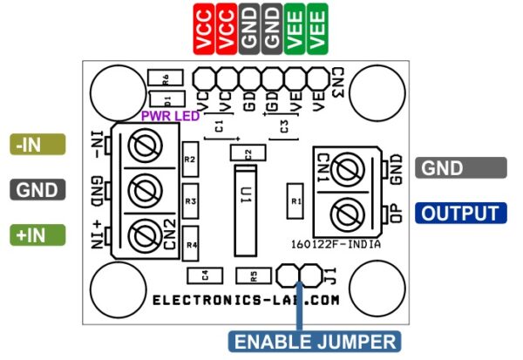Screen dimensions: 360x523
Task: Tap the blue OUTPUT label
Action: (x=461, y=214)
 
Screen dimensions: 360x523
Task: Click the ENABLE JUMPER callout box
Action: (x=315, y=341)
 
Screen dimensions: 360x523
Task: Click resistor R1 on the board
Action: (x=295, y=200)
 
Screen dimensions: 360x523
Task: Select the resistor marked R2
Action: (x=192, y=160)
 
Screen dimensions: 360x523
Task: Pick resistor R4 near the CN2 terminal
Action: (x=192, y=243)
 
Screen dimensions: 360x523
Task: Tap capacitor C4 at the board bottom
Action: (x=205, y=275)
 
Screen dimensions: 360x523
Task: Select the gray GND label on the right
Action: (x=461, y=168)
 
